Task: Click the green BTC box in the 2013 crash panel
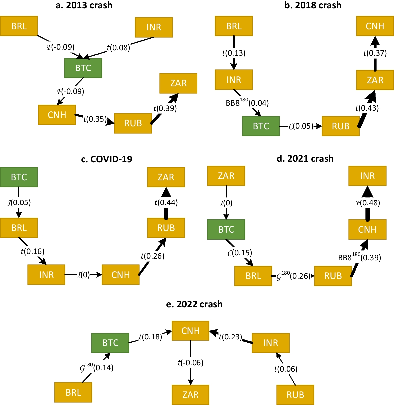tap(83, 68)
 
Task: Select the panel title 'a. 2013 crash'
tap(84, 5)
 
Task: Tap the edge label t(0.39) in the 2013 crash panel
tap(165, 108)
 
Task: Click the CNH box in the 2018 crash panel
tap(375, 26)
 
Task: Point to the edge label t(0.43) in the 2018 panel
tap(367, 108)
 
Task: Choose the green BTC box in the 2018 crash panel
tap(261, 126)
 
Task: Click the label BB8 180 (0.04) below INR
tap(247, 102)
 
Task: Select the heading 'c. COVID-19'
tap(106, 159)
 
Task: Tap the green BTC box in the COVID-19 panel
tap(19, 177)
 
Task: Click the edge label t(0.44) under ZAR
tap(166, 202)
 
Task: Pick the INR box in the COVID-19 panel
tap(46, 275)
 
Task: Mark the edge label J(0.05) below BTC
tap(19, 202)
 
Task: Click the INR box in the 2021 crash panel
tap(367, 176)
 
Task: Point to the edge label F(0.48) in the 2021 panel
tap(367, 203)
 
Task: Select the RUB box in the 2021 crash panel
tap(333, 276)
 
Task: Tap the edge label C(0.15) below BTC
tap(240, 253)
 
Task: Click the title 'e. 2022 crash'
tap(194, 304)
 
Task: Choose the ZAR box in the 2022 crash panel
tap(190, 395)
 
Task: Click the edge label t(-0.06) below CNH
tap(191, 363)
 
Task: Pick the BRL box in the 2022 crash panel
tap(73, 392)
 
